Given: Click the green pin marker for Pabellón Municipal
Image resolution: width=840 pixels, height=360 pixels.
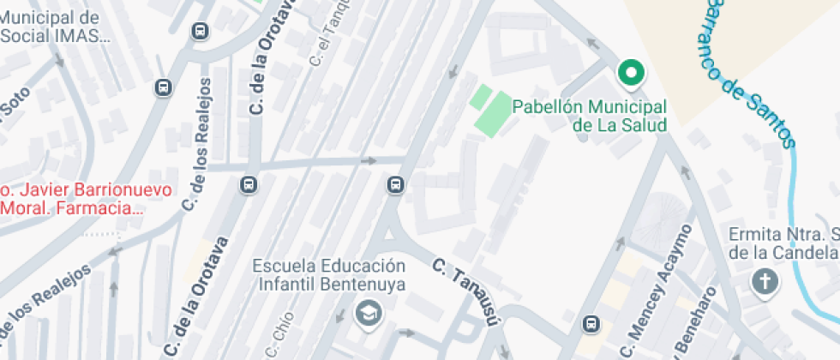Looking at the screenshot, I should tap(633, 74).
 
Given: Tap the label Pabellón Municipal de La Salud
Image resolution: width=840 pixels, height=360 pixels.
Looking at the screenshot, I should tap(589, 116).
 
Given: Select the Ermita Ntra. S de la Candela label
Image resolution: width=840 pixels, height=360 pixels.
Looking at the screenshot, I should tap(783, 243).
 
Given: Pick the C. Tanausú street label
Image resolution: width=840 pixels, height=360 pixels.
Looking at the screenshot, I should tap(465, 291).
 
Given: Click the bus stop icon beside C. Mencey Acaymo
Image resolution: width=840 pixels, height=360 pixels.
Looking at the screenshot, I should tap(591, 324).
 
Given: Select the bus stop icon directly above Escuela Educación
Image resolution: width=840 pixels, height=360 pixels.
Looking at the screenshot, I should tap(395, 184).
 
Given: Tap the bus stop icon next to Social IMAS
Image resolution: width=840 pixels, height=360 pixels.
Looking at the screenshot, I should tap(200, 31).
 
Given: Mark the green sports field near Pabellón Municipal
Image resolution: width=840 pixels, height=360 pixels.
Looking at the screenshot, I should tap(488, 111).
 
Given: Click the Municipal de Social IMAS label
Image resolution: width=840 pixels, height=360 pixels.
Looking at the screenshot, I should tap(54, 27).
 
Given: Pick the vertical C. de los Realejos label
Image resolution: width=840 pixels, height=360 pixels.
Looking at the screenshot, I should tap(199, 145).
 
